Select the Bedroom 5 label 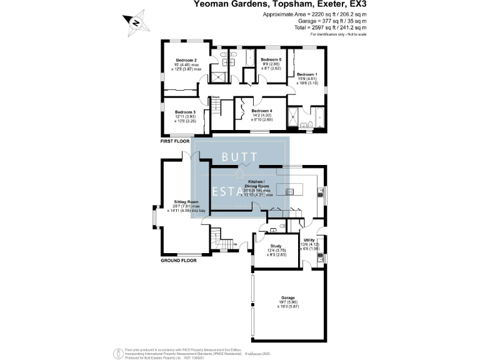(x=271, y=59)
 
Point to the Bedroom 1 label (x=307, y=74)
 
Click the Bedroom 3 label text (x=186, y=112)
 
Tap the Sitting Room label (x=186, y=202)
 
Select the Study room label (x=276, y=246)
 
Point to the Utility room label (x=309, y=240)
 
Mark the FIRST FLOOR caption (x=175, y=142)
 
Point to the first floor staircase (x=216, y=107)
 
